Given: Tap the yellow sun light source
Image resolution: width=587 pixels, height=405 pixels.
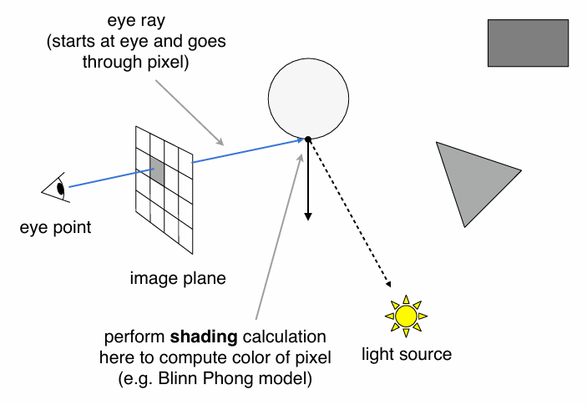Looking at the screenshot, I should pyautogui.click(x=406, y=316).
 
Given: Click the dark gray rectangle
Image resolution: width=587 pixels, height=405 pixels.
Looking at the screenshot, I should pyautogui.click(x=528, y=44).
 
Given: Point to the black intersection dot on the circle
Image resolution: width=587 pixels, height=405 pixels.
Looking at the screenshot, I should pyautogui.click(x=308, y=139).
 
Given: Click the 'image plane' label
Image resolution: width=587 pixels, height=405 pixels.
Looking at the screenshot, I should pyautogui.click(x=178, y=278).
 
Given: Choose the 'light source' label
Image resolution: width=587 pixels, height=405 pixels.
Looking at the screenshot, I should pyautogui.click(x=407, y=354).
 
